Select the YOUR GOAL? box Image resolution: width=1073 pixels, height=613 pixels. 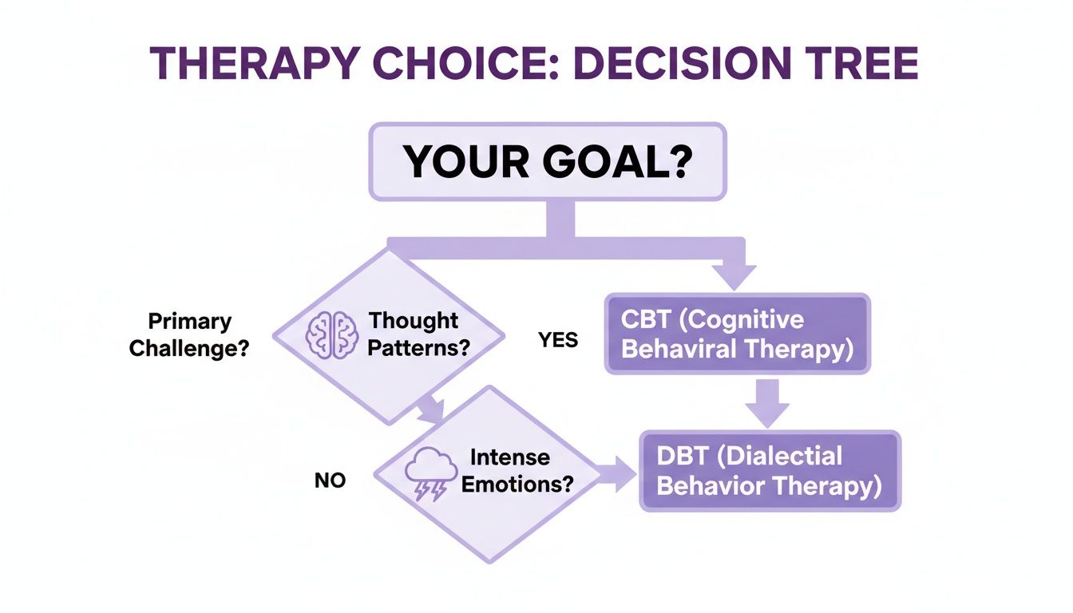pos(547,160)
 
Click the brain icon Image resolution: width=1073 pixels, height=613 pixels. pos(331,333)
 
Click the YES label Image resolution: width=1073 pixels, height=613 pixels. pos(558,340)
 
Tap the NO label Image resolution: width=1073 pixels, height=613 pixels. pos(330,481)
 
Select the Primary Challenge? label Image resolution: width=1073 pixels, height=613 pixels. pos(190,335)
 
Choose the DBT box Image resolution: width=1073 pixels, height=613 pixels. pos(770,471)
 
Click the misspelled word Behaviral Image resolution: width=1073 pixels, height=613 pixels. pos(675,350)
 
